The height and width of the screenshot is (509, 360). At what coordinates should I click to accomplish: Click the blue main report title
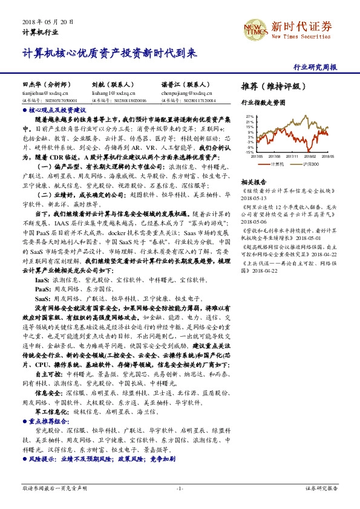pos(110,53)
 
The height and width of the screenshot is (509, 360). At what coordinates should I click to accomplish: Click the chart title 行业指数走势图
pos(263,103)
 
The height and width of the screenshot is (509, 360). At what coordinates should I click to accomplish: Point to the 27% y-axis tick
pos(249,116)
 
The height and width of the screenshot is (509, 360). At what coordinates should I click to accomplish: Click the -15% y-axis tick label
pos(249,152)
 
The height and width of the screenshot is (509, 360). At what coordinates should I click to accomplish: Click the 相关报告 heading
pos(254,181)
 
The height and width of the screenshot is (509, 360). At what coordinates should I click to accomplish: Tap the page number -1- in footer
pos(179,488)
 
